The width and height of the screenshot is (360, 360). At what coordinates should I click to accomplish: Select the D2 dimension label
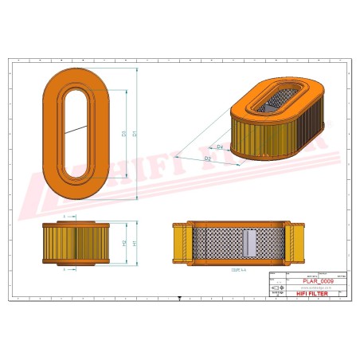tap(208, 159)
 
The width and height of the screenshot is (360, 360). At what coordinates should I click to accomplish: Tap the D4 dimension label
tap(219, 147)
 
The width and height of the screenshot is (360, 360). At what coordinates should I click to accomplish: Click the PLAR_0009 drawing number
tap(318, 281)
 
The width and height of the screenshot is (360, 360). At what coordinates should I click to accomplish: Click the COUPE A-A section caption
tap(238, 271)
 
